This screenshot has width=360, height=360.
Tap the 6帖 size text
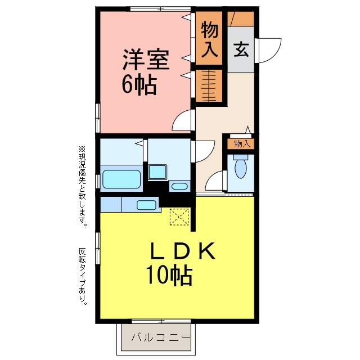coord(139,85)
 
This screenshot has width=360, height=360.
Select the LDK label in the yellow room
coord(182,250)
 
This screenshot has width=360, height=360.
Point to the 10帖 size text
coord(169,274)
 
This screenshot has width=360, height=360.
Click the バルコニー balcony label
coord(161,337)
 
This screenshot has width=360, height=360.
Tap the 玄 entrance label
coord(241,49)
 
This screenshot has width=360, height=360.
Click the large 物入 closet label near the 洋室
coord(209,39)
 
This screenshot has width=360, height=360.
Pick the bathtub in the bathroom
coord(121,179)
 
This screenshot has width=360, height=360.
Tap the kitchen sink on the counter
coord(146,205)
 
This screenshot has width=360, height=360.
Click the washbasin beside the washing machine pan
coord(179,186)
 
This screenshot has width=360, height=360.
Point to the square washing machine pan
coord(157,172)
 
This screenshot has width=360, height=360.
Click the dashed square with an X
coord(179,217)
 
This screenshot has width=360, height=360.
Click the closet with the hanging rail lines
coord(209,85)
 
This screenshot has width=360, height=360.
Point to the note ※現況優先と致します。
coord(82,186)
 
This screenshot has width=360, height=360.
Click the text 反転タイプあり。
coord(83,276)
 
